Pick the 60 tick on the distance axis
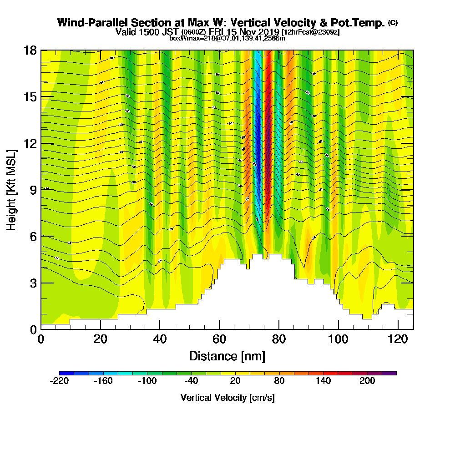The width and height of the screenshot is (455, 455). (x=219, y=339)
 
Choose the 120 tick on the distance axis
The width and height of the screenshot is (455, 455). (x=398, y=339)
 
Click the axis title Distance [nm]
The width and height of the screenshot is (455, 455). (x=227, y=356)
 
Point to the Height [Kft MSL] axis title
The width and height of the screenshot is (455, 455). (x=12, y=189)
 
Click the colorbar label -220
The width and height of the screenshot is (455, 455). (x=59, y=381)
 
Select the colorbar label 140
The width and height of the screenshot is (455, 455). (x=324, y=381)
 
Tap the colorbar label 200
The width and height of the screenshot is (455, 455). (x=367, y=381)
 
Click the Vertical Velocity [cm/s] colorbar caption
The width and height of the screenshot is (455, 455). (x=227, y=398)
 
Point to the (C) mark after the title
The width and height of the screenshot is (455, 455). (x=393, y=23)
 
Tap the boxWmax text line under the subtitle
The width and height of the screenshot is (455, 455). (x=227, y=38)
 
